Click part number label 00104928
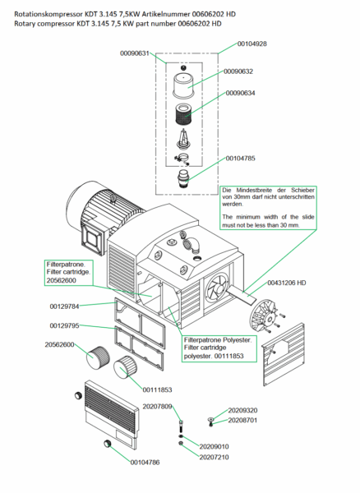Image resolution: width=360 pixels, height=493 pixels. tap(252, 44)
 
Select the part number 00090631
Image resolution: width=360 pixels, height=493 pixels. tap(135, 53)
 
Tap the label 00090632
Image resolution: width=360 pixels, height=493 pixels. tap(238, 71)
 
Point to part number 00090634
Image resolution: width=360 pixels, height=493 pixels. tap(241, 93)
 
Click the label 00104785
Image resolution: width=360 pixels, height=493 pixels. tap(241, 158)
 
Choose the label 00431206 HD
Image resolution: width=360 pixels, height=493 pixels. tap(286, 283)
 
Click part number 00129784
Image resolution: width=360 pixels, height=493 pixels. tap(64, 306)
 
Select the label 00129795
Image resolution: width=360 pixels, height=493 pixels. tap(64, 325)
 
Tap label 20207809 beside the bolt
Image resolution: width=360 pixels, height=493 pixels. tap(157, 407)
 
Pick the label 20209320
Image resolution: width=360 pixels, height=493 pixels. tap(242, 410)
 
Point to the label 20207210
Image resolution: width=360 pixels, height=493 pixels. tap(215, 457)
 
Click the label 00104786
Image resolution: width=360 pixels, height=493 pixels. tap(145, 462)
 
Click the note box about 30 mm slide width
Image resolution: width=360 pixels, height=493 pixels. tap(268, 208)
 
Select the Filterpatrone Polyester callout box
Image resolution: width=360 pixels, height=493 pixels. tap(219, 348)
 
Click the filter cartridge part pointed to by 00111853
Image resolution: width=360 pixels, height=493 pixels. tap(124, 367)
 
